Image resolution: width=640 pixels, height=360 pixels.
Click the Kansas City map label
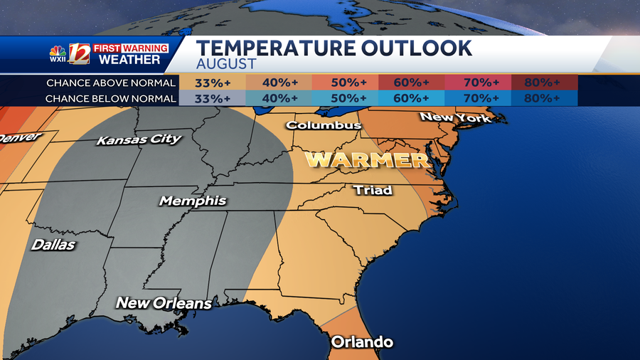[139, 139]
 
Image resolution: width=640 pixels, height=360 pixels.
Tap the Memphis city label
[193, 201]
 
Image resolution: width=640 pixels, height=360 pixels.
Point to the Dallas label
[53, 245]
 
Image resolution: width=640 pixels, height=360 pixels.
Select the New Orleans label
[164, 303]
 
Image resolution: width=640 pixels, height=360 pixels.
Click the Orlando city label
[362, 342]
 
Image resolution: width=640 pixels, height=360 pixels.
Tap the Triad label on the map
[373, 190]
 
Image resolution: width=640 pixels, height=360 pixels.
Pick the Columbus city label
[324, 125]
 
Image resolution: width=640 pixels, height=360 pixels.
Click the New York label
[455, 117]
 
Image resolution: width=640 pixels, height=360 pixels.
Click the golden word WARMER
[368, 159]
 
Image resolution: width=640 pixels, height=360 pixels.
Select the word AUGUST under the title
[225, 64]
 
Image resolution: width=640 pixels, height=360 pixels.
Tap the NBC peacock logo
[57, 51]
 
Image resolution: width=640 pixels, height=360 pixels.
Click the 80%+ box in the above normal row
[543, 83]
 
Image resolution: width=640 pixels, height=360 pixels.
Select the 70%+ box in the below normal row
[477, 98]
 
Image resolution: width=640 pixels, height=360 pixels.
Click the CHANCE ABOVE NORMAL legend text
[111, 83]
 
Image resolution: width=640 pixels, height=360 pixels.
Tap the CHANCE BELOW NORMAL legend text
[111, 98]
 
